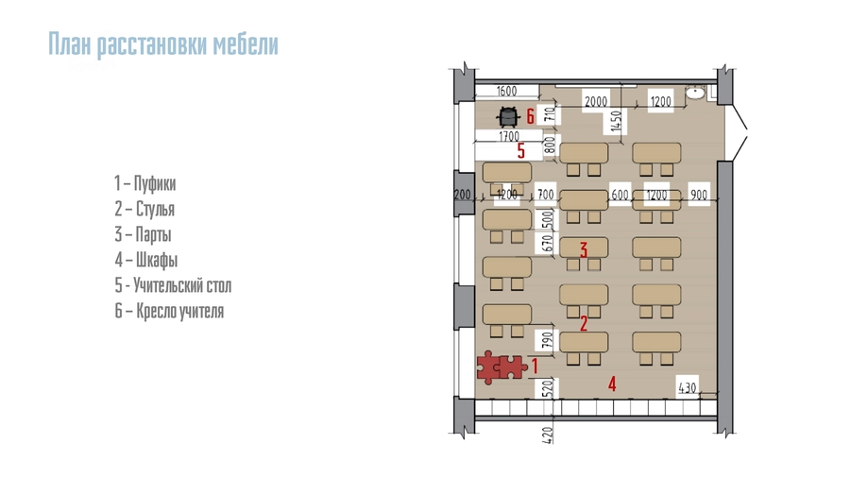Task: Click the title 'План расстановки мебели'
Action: coord(163,44)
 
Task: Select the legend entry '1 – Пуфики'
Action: coord(144,183)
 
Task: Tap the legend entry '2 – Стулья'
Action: coord(144,209)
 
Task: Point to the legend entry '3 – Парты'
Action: coord(143,234)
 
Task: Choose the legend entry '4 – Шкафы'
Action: coord(145,260)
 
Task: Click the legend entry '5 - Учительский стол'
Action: coord(173,285)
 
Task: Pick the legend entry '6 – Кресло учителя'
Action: coord(169,311)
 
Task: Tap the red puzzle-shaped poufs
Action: coord(501,367)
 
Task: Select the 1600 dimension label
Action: coord(506,91)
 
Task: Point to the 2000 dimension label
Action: coord(595,101)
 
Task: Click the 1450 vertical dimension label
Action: coord(615,121)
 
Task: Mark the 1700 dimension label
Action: coord(508,136)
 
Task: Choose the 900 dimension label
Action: coord(699,195)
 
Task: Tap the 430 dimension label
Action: coord(687,387)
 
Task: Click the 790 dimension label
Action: coord(548,340)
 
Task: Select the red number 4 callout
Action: coord(612,384)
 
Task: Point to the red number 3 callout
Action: coord(584,249)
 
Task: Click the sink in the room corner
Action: coord(694,94)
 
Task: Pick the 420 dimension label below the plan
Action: coord(548,435)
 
